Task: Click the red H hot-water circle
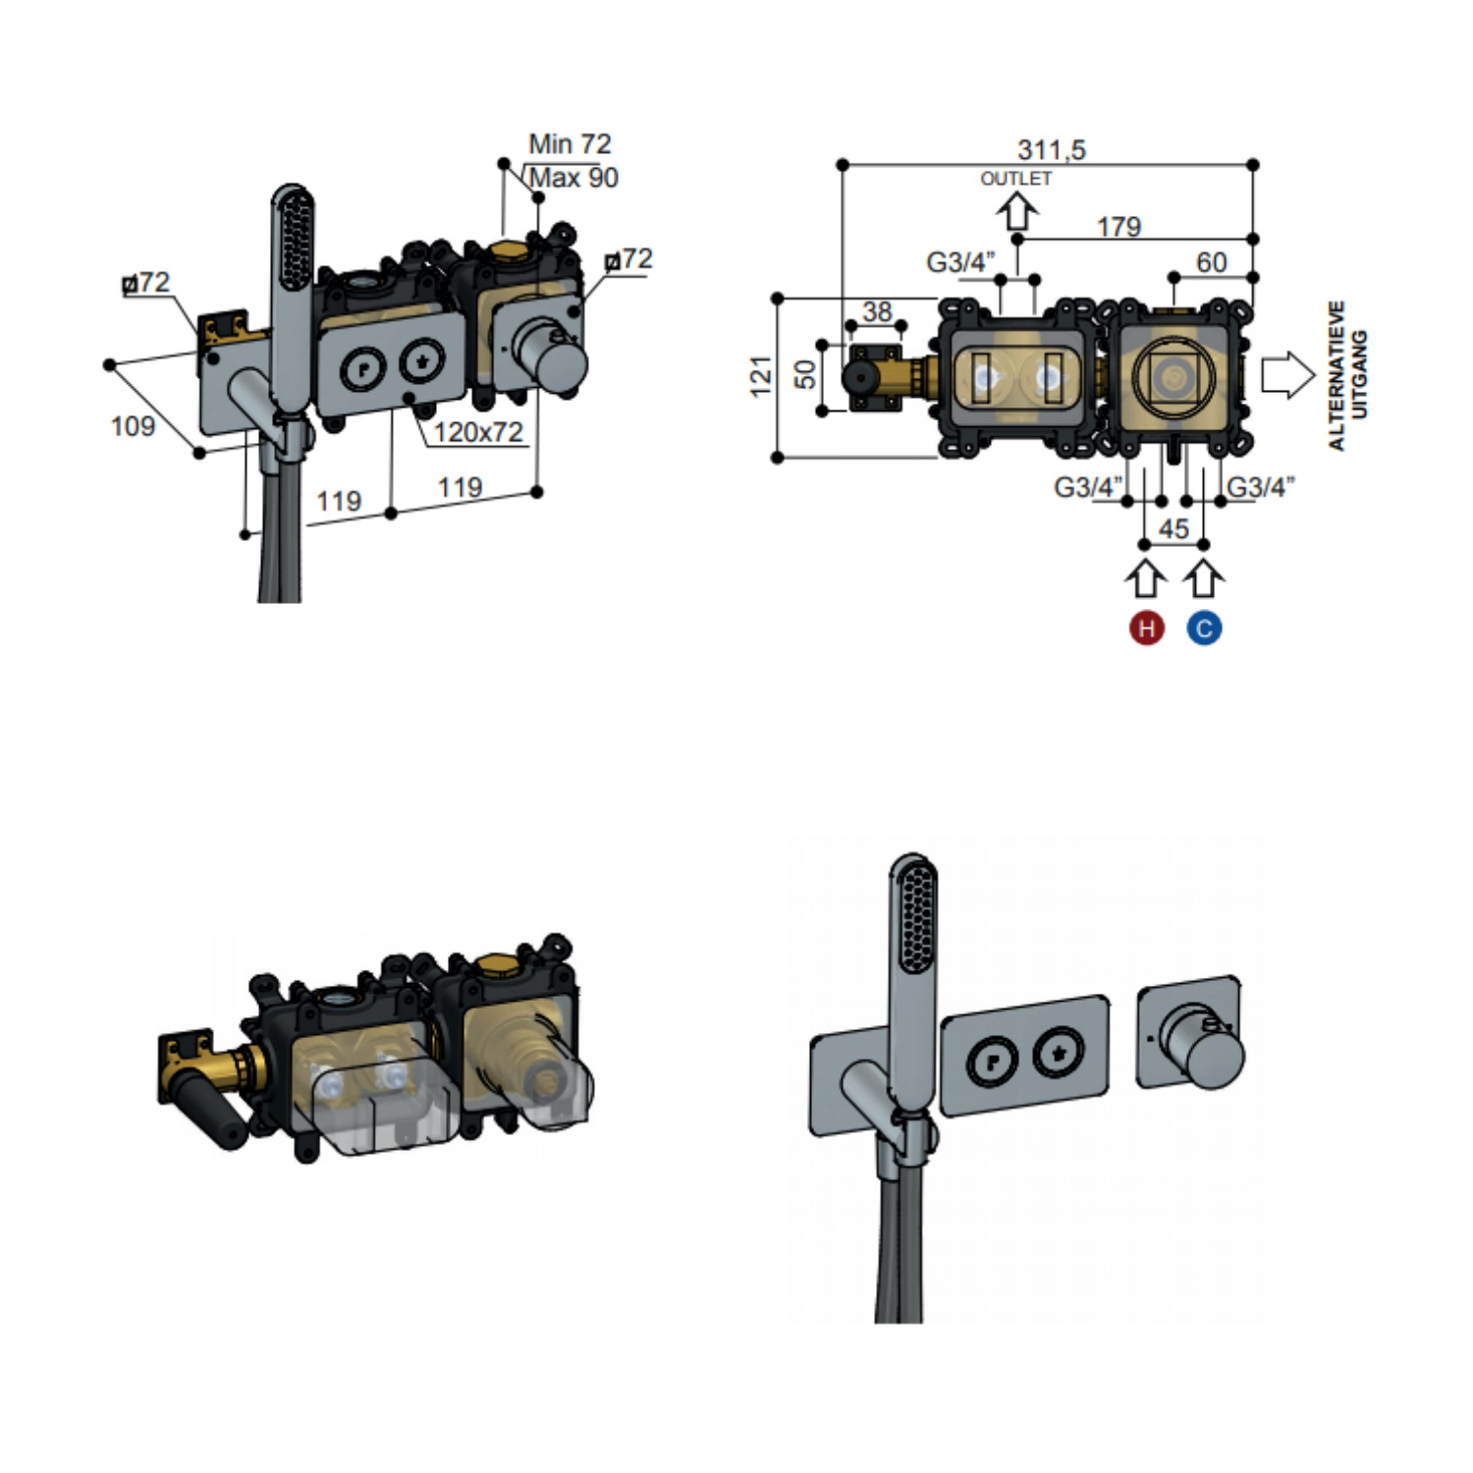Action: point(1146,627)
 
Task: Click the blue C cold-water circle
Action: point(1204,627)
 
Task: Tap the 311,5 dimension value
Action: point(1051,150)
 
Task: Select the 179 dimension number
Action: point(1118,227)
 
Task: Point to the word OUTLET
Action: point(1015,179)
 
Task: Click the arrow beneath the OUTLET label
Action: point(1017,210)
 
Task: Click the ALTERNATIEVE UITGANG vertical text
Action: point(1347,375)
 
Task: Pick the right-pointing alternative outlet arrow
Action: point(1286,375)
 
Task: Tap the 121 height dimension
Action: point(761,377)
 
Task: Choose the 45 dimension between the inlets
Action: point(1173,529)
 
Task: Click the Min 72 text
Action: point(570,144)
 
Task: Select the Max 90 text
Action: point(573,178)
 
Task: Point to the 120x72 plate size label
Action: point(478,432)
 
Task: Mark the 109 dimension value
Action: point(133,426)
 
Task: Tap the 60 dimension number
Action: point(1211,262)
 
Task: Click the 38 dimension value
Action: point(877,311)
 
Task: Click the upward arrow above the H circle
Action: point(1145,578)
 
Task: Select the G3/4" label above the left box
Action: point(960,263)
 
